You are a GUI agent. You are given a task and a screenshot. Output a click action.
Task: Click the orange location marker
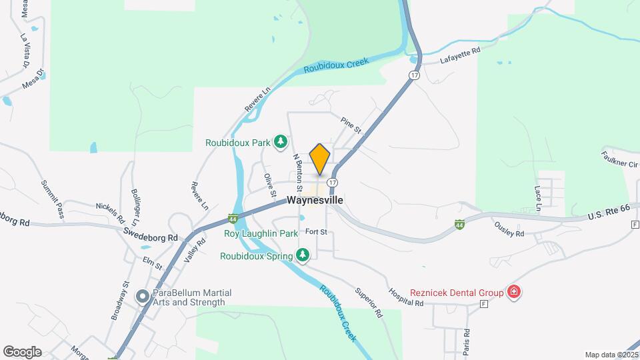[x=320, y=159]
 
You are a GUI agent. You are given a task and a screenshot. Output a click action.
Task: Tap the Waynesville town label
[x=315, y=200]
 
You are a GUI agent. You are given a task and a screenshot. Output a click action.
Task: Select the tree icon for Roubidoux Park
[x=281, y=141]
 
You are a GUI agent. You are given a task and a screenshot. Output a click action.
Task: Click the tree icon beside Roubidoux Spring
[x=303, y=255]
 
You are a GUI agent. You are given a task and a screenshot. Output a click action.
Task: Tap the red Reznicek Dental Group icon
[x=513, y=291]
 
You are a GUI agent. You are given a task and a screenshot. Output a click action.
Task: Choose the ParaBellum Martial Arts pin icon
[x=142, y=297]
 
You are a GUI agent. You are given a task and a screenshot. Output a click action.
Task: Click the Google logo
[x=22, y=352]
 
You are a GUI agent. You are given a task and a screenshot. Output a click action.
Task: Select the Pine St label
[x=350, y=123]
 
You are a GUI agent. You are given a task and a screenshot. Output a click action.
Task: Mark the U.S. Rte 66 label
[x=609, y=213]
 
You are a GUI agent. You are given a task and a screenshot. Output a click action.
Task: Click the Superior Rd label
[x=369, y=303]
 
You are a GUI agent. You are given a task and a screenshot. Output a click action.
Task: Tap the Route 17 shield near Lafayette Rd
[x=415, y=75]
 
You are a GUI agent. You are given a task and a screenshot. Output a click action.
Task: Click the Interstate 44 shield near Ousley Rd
[x=461, y=225]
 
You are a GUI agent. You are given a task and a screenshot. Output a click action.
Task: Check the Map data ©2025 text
[x=611, y=355]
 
